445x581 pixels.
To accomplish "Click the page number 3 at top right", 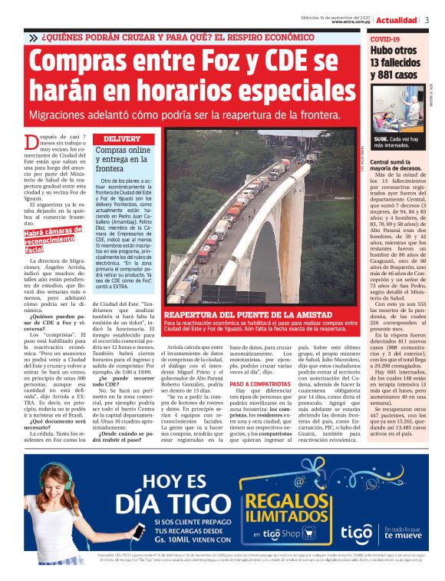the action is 427,19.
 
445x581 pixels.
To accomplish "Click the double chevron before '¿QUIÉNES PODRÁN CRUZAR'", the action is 33,38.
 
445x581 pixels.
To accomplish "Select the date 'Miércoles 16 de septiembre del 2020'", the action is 335,15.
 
